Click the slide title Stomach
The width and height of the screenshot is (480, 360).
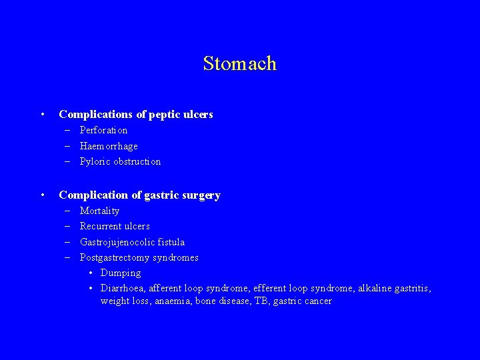239,63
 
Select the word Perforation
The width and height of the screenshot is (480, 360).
103,130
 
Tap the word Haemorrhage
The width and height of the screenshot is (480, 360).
109,145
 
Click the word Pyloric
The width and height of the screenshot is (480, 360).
95,161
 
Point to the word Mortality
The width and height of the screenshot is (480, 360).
99,211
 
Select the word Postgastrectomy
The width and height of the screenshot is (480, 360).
115,257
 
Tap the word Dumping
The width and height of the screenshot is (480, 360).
121,273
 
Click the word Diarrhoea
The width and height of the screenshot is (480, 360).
123,288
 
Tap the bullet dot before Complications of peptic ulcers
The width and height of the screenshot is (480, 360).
42,115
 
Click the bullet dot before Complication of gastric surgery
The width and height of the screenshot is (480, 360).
42,195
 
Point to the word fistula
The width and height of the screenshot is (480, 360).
172,242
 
